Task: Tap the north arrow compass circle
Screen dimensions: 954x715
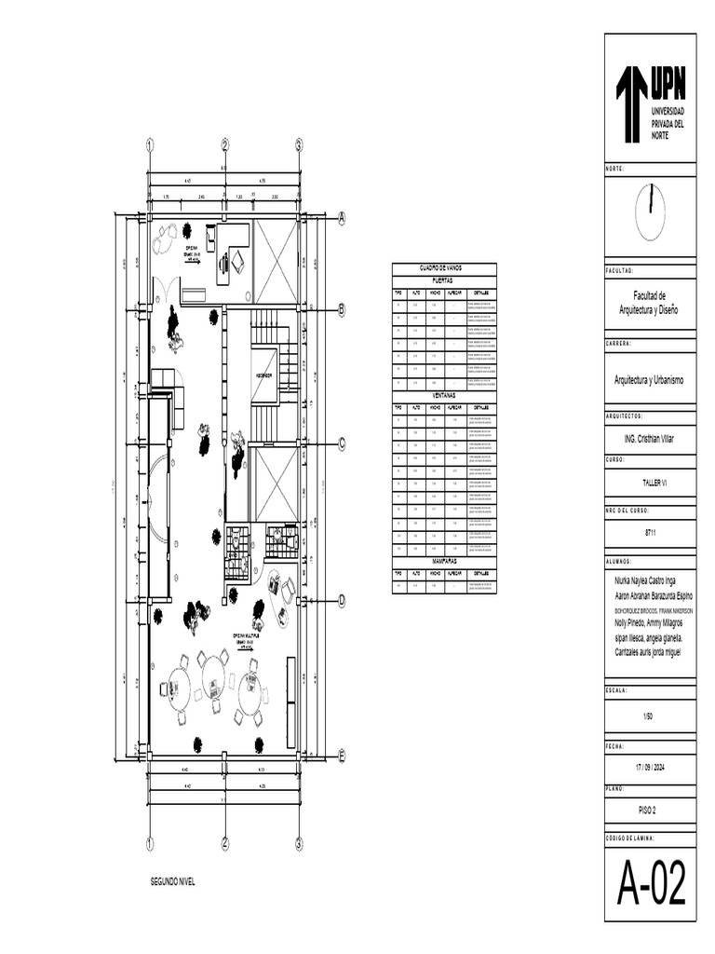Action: [650, 212]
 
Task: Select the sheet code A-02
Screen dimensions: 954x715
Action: [651, 884]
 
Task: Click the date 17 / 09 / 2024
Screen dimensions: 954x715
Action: [649, 767]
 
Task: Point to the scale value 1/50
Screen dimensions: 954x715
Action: [649, 715]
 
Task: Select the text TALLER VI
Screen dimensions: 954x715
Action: [649, 484]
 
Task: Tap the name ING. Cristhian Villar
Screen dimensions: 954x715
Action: [649, 436]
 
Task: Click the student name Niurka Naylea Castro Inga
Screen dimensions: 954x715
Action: [645, 580]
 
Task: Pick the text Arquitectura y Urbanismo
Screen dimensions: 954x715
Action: [649, 380]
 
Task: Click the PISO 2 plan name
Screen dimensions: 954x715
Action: [649, 811]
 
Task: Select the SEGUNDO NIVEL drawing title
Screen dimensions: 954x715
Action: [173, 880]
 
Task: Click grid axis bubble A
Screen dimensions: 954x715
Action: [342, 218]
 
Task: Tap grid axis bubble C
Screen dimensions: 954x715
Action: [342, 443]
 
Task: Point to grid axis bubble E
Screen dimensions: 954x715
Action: [342, 756]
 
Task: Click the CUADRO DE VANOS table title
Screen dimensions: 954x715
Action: [444, 267]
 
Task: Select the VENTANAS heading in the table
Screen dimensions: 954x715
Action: [444, 395]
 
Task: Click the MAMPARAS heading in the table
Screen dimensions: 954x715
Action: [444, 562]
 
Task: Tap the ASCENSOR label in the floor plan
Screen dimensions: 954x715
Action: [263, 375]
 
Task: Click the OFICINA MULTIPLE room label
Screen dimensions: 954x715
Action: [245, 635]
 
